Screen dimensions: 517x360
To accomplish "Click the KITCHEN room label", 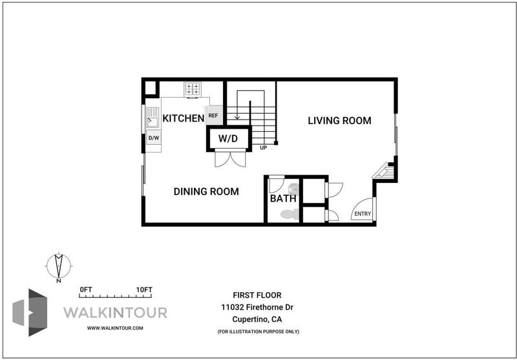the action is click(184, 118).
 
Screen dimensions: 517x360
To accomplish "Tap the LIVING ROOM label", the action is click(339, 121).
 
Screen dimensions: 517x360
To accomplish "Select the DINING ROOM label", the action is click(206, 191).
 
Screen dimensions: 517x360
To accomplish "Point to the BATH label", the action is click(283, 198).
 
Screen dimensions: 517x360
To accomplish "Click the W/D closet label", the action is click(228, 138).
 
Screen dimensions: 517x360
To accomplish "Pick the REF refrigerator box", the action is click(214, 116).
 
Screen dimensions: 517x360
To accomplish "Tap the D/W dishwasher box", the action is click(154, 138).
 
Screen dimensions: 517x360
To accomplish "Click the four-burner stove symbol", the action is click(193, 90).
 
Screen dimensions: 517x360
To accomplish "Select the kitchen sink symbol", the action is click(153, 118).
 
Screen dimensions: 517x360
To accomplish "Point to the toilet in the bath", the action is click(290, 215).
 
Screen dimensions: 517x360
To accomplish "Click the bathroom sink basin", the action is click(293, 189).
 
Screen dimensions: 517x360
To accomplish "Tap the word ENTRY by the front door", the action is click(363, 214).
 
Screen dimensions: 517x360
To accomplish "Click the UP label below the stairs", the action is click(263, 148).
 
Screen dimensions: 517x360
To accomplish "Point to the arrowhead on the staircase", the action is click(237, 117).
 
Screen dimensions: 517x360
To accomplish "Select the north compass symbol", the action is click(59, 266).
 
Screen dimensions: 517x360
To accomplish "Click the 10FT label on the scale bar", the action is click(144, 290).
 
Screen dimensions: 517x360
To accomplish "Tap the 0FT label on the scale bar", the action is click(86, 290).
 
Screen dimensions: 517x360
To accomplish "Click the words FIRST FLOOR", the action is click(257, 295).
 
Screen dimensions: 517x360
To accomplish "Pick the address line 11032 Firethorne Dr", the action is click(257, 307).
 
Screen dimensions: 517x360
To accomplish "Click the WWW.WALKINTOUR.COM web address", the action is click(115, 328).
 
